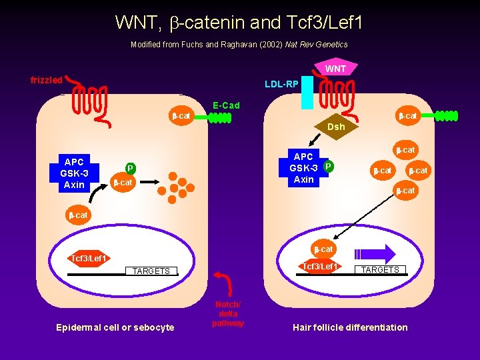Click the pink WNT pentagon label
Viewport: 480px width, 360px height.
335,69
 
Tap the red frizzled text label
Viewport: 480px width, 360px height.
47,80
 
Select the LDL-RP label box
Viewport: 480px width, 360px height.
281,84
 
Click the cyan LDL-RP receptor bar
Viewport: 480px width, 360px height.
307,93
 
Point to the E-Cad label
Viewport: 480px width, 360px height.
226,105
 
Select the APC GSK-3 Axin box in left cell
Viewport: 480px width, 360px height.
74,173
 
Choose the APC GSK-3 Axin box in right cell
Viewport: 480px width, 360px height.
303,169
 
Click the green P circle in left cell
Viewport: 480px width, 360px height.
131,168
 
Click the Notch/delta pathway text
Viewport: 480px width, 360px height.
228,313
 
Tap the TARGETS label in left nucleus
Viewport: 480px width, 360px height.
151,271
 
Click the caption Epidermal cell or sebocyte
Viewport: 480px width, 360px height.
115,327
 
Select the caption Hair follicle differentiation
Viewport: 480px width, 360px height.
350,327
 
